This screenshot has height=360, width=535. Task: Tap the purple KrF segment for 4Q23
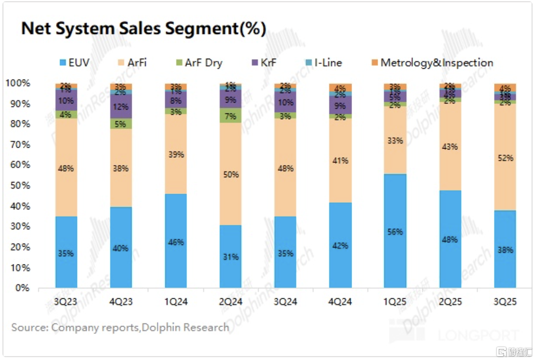point(121,107)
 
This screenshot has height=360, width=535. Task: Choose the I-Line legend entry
point(322,63)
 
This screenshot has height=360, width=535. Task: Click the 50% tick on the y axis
point(19,185)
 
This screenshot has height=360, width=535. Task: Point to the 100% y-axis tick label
point(18,83)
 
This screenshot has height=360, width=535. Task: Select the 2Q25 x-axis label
point(450,302)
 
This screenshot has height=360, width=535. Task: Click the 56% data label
point(395,232)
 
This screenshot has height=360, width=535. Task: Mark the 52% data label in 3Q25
point(505,158)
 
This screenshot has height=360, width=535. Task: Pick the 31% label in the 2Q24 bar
point(231,257)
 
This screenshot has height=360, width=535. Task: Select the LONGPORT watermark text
point(478,335)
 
